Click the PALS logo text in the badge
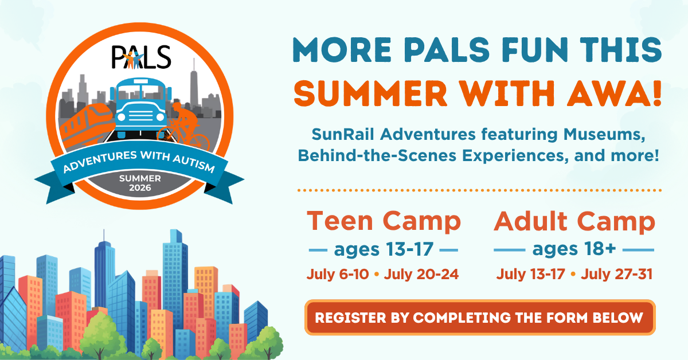(x=141, y=57)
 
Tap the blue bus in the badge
(x=141, y=108)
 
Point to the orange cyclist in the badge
(x=183, y=127)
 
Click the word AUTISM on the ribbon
(x=194, y=163)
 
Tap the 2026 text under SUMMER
(x=140, y=187)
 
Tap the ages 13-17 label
(x=384, y=249)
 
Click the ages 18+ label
(x=574, y=249)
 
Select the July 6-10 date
(x=338, y=275)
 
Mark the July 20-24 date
(x=421, y=275)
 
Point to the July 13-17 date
(x=531, y=275)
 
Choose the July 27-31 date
(x=617, y=275)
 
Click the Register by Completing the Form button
(x=480, y=318)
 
